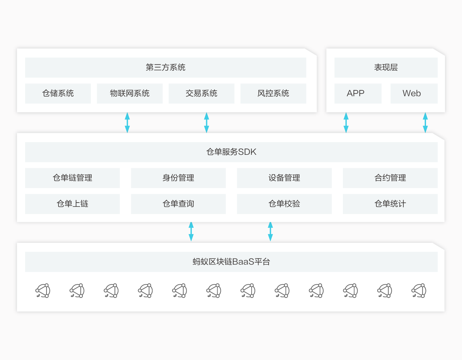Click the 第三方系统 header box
pyautogui.click(x=166, y=67)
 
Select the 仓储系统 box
pyautogui.click(x=58, y=93)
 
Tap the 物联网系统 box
pyautogui.click(x=130, y=93)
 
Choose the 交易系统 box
pyautogui.click(x=201, y=93)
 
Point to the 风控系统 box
pyautogui.click(x=273, y=93)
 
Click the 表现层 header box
pyautogui.click(x=386, y=67)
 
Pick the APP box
pyautogui.click(x=358, y=93)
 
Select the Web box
pyautogui.click(x=414, y=93)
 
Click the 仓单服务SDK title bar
pyautogui.click(x=231, y=152)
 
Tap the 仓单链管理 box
pyautogui.click(x=72, y=178)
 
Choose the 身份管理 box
pyautogui.click(x=178, y=178)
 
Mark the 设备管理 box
pyautogui.click(x=284, y=178)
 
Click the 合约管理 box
pyautogui.click(x=390, y=178)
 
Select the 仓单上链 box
pyautogui.click(x=72, y=204)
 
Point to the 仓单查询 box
pyautogui.click(x=178, y=204)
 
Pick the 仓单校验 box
pyautogui.click(x=284, y=204)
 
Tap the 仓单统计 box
pyautogui.click(x=390, y=204)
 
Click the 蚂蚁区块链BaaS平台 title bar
pyautogui.click(x=231, y=262)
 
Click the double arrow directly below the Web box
pyautogui.click(x=425, y=123)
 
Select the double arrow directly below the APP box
pyautogui.click(x=346, y=123)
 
